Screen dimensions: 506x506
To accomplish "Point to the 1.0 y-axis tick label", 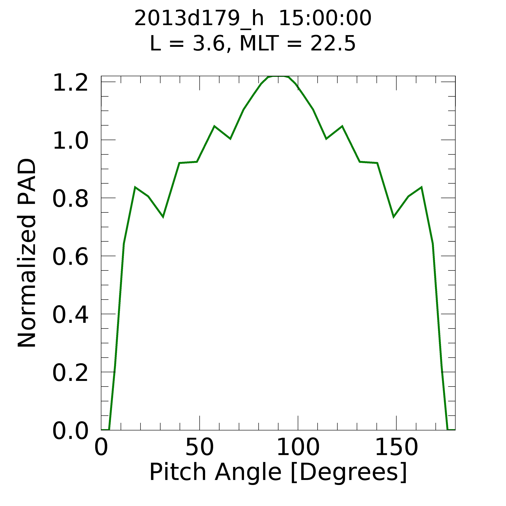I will tap(70, 141).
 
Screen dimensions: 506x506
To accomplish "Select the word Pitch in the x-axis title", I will tap(178, 472).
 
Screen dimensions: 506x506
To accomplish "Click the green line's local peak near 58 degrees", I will tap(214, 126).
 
